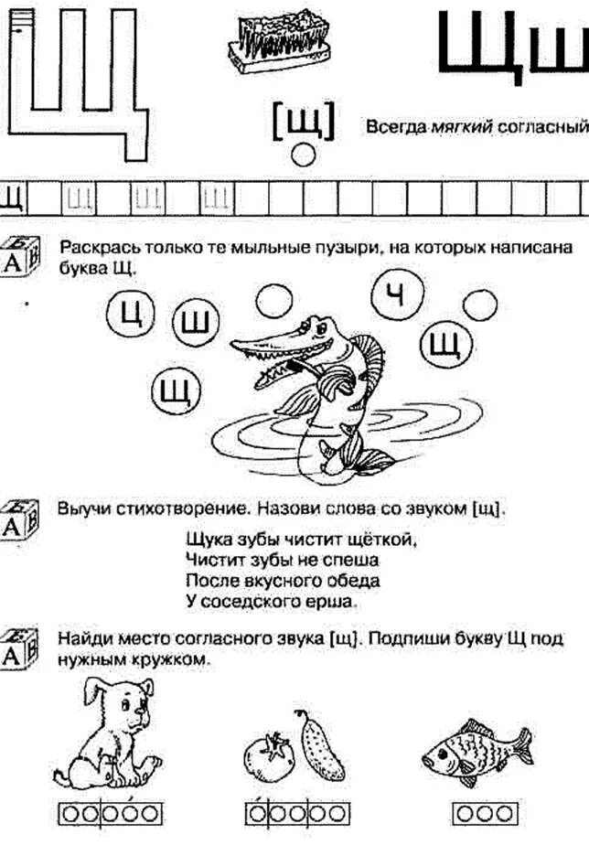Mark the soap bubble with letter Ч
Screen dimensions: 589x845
(x=394, y=293)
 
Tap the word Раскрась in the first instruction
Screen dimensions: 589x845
(x=94, y=249)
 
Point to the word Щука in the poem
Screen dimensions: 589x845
(x=206, y=539)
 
